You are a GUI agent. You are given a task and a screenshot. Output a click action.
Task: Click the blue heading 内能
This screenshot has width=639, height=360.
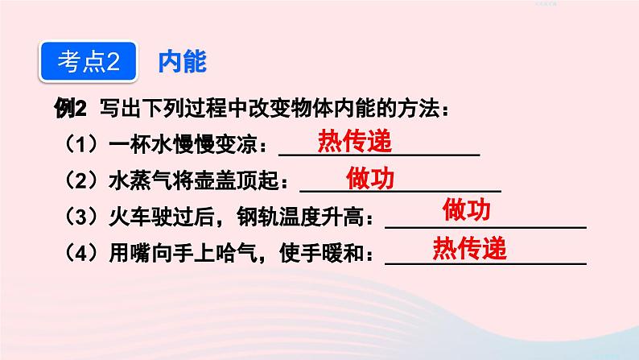point(183,62)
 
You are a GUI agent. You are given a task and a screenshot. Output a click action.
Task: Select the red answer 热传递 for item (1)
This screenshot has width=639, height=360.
point(354,142)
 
